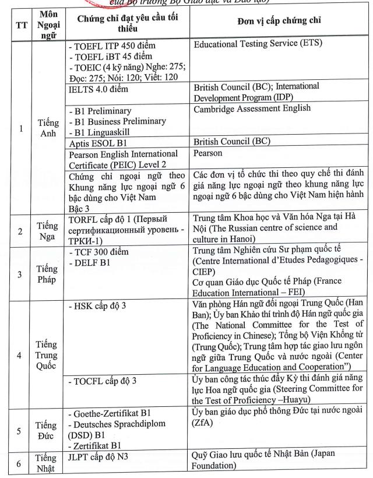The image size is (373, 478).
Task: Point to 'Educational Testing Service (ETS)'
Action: tap(258, 44)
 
